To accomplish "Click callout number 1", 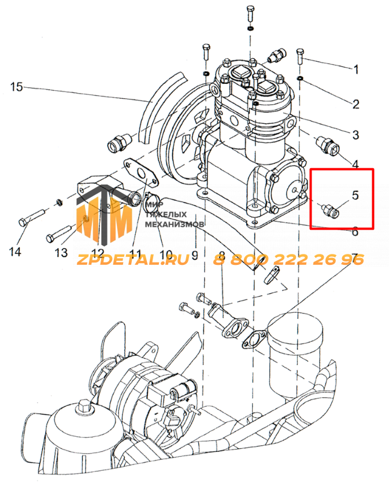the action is click(357, 69).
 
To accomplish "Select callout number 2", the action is click(356, 104).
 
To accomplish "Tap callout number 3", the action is click(356, 135).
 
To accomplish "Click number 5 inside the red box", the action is click(355, 195).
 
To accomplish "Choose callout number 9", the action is click(195, 255).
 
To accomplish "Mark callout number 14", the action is click(15, 251).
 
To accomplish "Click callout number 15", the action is click(17, 87).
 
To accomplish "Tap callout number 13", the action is click(61, 253).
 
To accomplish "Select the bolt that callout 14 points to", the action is click(32, 217).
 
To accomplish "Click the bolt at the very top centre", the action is click(250, 13).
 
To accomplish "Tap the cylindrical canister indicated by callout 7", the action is click(295, 355).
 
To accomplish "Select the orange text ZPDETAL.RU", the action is click(133, 259).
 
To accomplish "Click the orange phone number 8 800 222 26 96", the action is click(288, 259).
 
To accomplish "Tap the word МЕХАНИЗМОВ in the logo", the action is click(175, 224).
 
